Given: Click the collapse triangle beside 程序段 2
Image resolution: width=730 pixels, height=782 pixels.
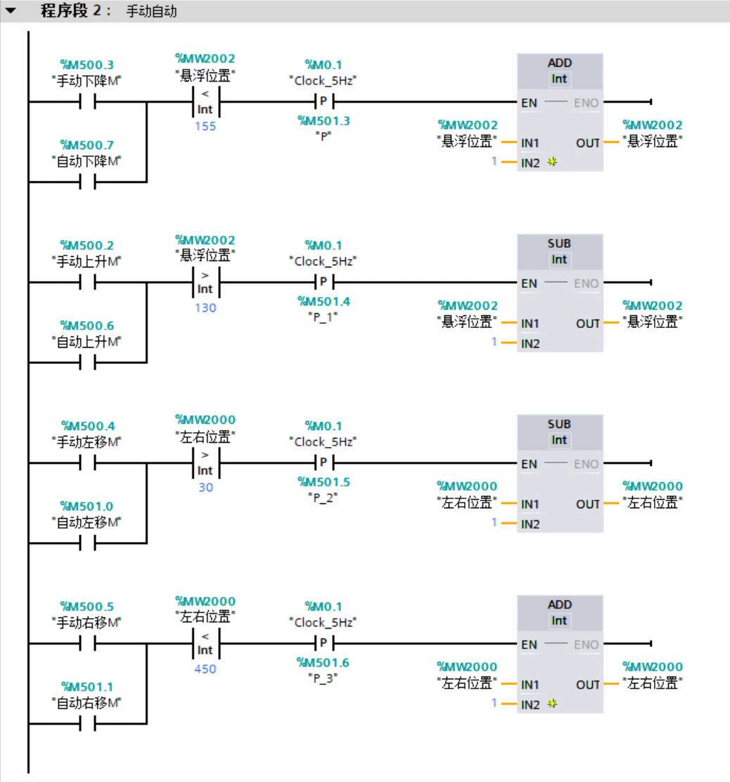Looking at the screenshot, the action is pos(11,10).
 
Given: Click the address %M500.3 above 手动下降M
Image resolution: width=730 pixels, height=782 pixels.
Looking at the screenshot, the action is pos(87,65).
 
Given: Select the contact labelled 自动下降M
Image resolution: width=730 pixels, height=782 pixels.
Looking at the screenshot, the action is pos(87,182).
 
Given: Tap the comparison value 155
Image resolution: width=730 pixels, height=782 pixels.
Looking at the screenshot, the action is pos(205,126).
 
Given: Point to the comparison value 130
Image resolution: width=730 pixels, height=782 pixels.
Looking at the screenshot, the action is pos(205,308).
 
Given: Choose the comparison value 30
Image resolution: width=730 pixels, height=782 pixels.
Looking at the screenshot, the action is pos(206,487).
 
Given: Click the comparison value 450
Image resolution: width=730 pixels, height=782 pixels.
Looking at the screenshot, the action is pos(205,669).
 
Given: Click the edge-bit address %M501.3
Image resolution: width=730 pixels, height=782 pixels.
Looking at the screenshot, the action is pos(324,120).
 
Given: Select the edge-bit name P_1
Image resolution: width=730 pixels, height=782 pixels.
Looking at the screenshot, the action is pos(324,317).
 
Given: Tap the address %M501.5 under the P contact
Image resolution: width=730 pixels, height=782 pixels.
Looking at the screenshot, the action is pos(324,481).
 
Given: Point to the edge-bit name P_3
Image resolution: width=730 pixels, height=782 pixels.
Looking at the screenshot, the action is pos(324,678).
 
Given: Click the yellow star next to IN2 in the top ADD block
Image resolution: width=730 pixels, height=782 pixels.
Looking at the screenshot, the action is pos(552,162).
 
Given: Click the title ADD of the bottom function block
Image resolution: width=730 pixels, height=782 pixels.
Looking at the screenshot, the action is pos(560,605).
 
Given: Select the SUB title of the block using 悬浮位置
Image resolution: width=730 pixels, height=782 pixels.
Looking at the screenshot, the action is pos(559,244).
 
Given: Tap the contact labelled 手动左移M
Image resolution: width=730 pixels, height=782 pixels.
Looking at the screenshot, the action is pos(87,463).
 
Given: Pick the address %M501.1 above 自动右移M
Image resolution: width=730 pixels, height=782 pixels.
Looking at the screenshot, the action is pos(87,687).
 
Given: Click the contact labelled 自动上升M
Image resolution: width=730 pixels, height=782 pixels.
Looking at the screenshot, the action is pos(87,363).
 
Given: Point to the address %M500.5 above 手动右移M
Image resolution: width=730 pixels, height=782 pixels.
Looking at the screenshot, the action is pos(87,607).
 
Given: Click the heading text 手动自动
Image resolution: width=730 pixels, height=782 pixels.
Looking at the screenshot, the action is pos(151,11).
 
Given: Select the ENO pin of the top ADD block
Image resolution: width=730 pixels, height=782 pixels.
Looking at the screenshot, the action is pos(586,103).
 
